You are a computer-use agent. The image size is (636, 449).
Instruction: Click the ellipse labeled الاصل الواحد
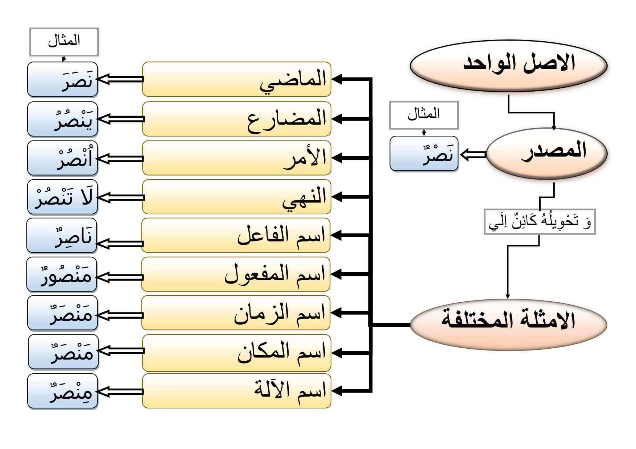click(x=508, y=65)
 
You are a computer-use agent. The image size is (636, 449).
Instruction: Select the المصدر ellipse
click(x=547, y=153)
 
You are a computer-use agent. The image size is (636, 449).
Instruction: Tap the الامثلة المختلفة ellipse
click(x=508, y=324)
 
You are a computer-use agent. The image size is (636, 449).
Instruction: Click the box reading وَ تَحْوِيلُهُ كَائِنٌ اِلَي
click(x=540, y=221)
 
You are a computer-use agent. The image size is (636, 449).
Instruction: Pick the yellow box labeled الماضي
click(x=236, y=79)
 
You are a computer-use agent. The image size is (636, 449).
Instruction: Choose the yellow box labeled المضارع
click(x=236, y=119)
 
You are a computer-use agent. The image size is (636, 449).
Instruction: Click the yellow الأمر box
click(x=236, y=158)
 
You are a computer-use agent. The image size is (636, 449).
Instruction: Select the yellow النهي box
click(x=236, y=197)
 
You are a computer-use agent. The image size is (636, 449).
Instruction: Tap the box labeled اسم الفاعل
click(x=236, y=235)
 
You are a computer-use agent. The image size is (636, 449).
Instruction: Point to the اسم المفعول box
click(x=236, y=274)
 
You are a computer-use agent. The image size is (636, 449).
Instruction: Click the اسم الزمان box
click(x=236, y=312)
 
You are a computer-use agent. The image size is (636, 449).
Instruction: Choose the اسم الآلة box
click(x=236, y=391)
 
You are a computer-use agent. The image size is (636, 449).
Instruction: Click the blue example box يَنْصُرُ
click(x=63, y=119)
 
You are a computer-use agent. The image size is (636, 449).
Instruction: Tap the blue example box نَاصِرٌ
click(x=62, y=236)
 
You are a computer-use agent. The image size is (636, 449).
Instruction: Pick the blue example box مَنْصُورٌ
click(x=62, y=274)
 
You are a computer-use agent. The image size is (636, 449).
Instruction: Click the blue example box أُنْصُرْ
click(x=63, y=158)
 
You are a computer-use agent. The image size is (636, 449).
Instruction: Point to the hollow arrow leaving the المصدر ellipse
click(x=473, y=155)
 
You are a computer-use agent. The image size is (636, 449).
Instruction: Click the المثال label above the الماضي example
click(x=64, y=42)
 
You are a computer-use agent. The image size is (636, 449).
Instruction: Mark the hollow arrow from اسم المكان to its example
click(x=121, y=351)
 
